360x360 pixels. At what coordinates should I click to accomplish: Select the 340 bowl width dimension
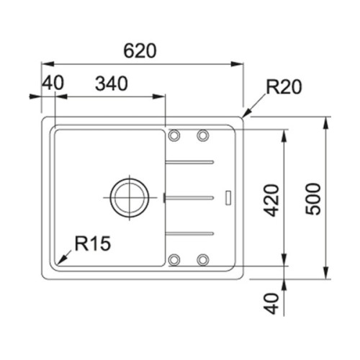[x=111, y=84]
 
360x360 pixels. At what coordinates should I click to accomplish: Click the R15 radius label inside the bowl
[x=91, y=245]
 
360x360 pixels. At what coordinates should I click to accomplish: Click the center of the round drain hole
[x=129, y=195]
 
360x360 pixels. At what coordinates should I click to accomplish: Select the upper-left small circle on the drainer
[x=174, y=135]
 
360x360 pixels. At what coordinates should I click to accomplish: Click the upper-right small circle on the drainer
[x=203, y=135]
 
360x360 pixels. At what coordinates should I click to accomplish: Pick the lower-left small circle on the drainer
[x=174, y=258]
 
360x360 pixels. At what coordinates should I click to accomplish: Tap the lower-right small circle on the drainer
[x=203, y=258]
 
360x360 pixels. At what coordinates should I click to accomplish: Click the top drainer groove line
[x=190, y=161]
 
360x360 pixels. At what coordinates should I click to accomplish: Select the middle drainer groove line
[x=190, y=196]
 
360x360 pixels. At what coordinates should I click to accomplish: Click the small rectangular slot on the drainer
[x=229, y=196]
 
